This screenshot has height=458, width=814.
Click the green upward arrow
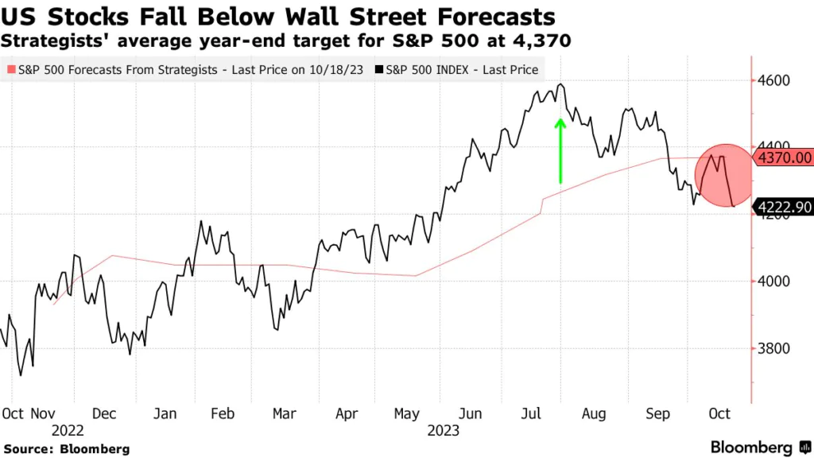click(560, 151)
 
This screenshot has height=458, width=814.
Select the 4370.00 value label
click(784, 158)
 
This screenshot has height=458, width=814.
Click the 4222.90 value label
click(784, 208)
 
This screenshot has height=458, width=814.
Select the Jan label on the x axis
click(164, 413)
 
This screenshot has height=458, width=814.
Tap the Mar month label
click(284, 413)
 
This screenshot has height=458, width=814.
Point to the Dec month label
click(104, 413)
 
